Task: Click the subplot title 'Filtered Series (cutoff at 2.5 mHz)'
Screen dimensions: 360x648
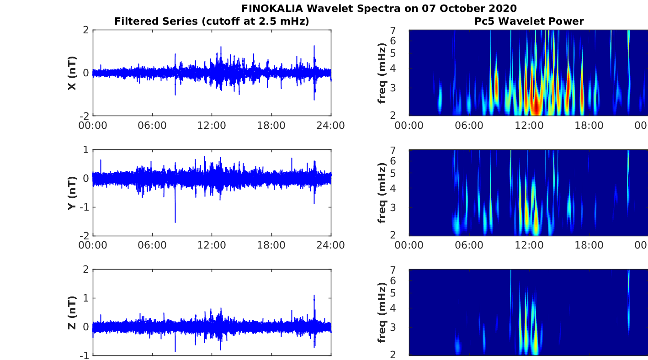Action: click(212, 21)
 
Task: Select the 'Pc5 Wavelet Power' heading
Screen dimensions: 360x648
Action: click(529, 21)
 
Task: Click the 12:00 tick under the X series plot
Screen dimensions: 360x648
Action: click(212, 125)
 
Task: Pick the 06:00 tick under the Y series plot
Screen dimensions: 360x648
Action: click(152, 245)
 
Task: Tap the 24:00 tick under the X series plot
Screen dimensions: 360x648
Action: click(330, 125)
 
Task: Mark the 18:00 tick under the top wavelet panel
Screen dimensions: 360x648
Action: click(589, 125)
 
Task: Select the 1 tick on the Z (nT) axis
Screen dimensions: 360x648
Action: click(85, 298)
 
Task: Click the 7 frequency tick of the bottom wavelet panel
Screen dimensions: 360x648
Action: click(404, 270)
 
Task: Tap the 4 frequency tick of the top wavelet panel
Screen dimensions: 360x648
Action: click(404, 69)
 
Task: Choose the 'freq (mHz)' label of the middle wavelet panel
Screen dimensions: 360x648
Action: click(382, 193)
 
